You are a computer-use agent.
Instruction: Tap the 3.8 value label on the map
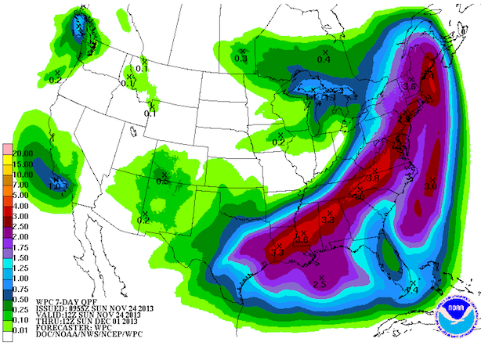tap(374, 179)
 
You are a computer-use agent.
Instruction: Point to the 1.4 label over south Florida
tap(411, 291)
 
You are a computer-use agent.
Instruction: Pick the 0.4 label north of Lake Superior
tap(323, 59)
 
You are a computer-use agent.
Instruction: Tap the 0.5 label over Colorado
tap(163, 181)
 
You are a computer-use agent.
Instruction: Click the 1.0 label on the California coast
tap(55, 186)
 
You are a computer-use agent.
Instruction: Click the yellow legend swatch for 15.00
tap(6, 164)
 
